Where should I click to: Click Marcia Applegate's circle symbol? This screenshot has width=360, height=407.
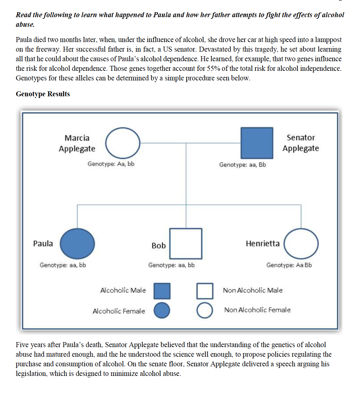point(123,143)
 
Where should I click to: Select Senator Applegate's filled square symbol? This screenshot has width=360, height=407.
point(257,143)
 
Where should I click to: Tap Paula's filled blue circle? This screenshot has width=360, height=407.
point(77,244)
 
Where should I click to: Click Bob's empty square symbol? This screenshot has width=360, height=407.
point(186,244)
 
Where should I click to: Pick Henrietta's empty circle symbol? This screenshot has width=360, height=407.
point(301,244)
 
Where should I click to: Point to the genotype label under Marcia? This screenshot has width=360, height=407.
point(111,164)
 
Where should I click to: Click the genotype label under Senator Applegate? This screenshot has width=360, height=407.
point(243,165)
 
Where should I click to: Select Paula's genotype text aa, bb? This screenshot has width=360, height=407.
point(63,265)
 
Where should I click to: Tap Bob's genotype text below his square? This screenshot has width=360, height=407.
point(171,265)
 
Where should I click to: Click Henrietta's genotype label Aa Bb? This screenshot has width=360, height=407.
point(289,265)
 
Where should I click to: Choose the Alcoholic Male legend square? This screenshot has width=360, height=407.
point(162,291)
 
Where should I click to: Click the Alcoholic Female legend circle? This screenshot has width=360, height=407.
point(162,310)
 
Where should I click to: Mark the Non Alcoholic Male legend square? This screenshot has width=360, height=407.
point(205,291)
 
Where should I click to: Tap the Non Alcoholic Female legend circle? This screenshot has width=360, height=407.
point(205,310)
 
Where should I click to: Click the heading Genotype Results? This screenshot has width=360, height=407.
point(43,94)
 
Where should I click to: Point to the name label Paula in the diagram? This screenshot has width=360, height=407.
point(43,244)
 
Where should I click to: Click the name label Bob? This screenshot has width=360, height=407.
point(158,246)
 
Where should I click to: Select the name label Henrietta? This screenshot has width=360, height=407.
point(263,244)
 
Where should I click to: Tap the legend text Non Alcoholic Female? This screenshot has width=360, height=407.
point(257,310)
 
